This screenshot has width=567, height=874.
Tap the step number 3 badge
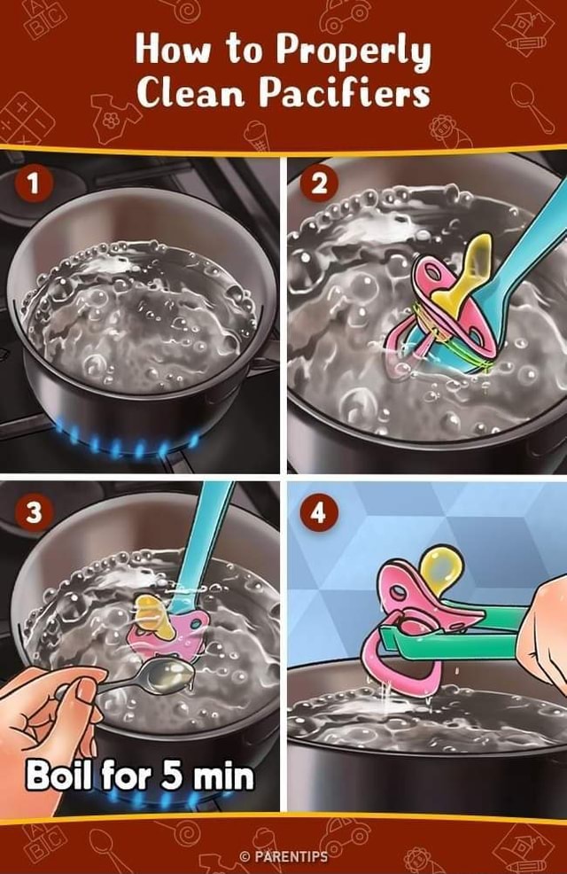(35, 511)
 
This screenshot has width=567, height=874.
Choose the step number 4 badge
(321, 511)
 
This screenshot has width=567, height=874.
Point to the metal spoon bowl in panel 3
(173, 676)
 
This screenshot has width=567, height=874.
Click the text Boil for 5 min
(139, 776)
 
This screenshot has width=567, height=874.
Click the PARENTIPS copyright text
(283, 856)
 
